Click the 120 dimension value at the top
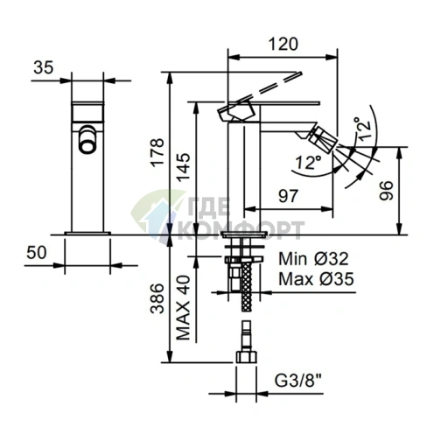point(283,44)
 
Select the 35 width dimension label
point(44,67)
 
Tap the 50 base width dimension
point(37,252)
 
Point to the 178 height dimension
point(157,152)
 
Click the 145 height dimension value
point(184,167)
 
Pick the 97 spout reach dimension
point(288,196)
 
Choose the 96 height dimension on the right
point(386,191)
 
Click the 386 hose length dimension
point(157,298)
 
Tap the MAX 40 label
point(184,308)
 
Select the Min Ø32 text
point(313,259)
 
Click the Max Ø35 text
point(316,279)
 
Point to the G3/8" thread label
point(298,380)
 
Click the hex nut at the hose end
point(247,357)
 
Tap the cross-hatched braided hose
point(247,286)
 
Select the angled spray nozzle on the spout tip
point(322,139)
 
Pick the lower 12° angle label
point(308,162)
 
